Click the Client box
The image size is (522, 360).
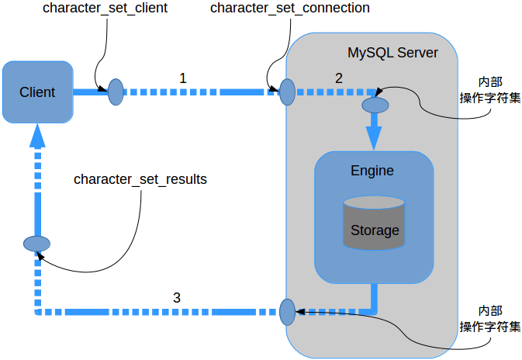[x=37, y=92]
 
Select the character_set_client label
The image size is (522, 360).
[x=105, y=9]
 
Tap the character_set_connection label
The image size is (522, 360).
[x=290, y=9]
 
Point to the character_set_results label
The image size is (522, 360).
[x=140, y=179]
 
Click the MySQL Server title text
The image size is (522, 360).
[x=392, y=54]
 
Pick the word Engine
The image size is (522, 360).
[x=372, y=171]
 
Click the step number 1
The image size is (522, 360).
[x=183, y=78]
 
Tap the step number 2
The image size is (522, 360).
[x=338, y=78]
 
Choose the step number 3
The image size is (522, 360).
[x=177, y=297]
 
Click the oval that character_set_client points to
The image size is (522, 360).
[x=116, y=92]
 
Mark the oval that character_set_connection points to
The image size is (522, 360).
[x=287, y=92]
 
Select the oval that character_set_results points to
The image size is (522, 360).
[x=36, y=244]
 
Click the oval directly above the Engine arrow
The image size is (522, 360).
[x=375, y=103]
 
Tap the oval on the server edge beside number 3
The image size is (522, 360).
[x=287, y=312]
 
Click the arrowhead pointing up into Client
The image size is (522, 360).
[x=36, y=137]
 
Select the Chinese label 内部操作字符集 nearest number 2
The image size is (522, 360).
[x=489, y=90]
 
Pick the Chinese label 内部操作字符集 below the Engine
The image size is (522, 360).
[x=489, y=317]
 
